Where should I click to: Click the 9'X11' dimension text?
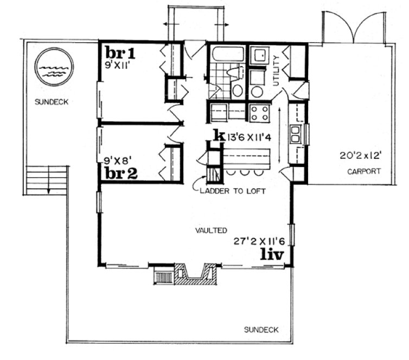coord(119,63)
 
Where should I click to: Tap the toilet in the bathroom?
coord(237,89)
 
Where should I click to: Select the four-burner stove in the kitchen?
coord(260,113)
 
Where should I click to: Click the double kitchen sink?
coord(296,133)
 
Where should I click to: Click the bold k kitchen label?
coord(219,135)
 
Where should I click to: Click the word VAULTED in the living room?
coord(211,230)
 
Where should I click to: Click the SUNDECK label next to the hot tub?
coord(52,101)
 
